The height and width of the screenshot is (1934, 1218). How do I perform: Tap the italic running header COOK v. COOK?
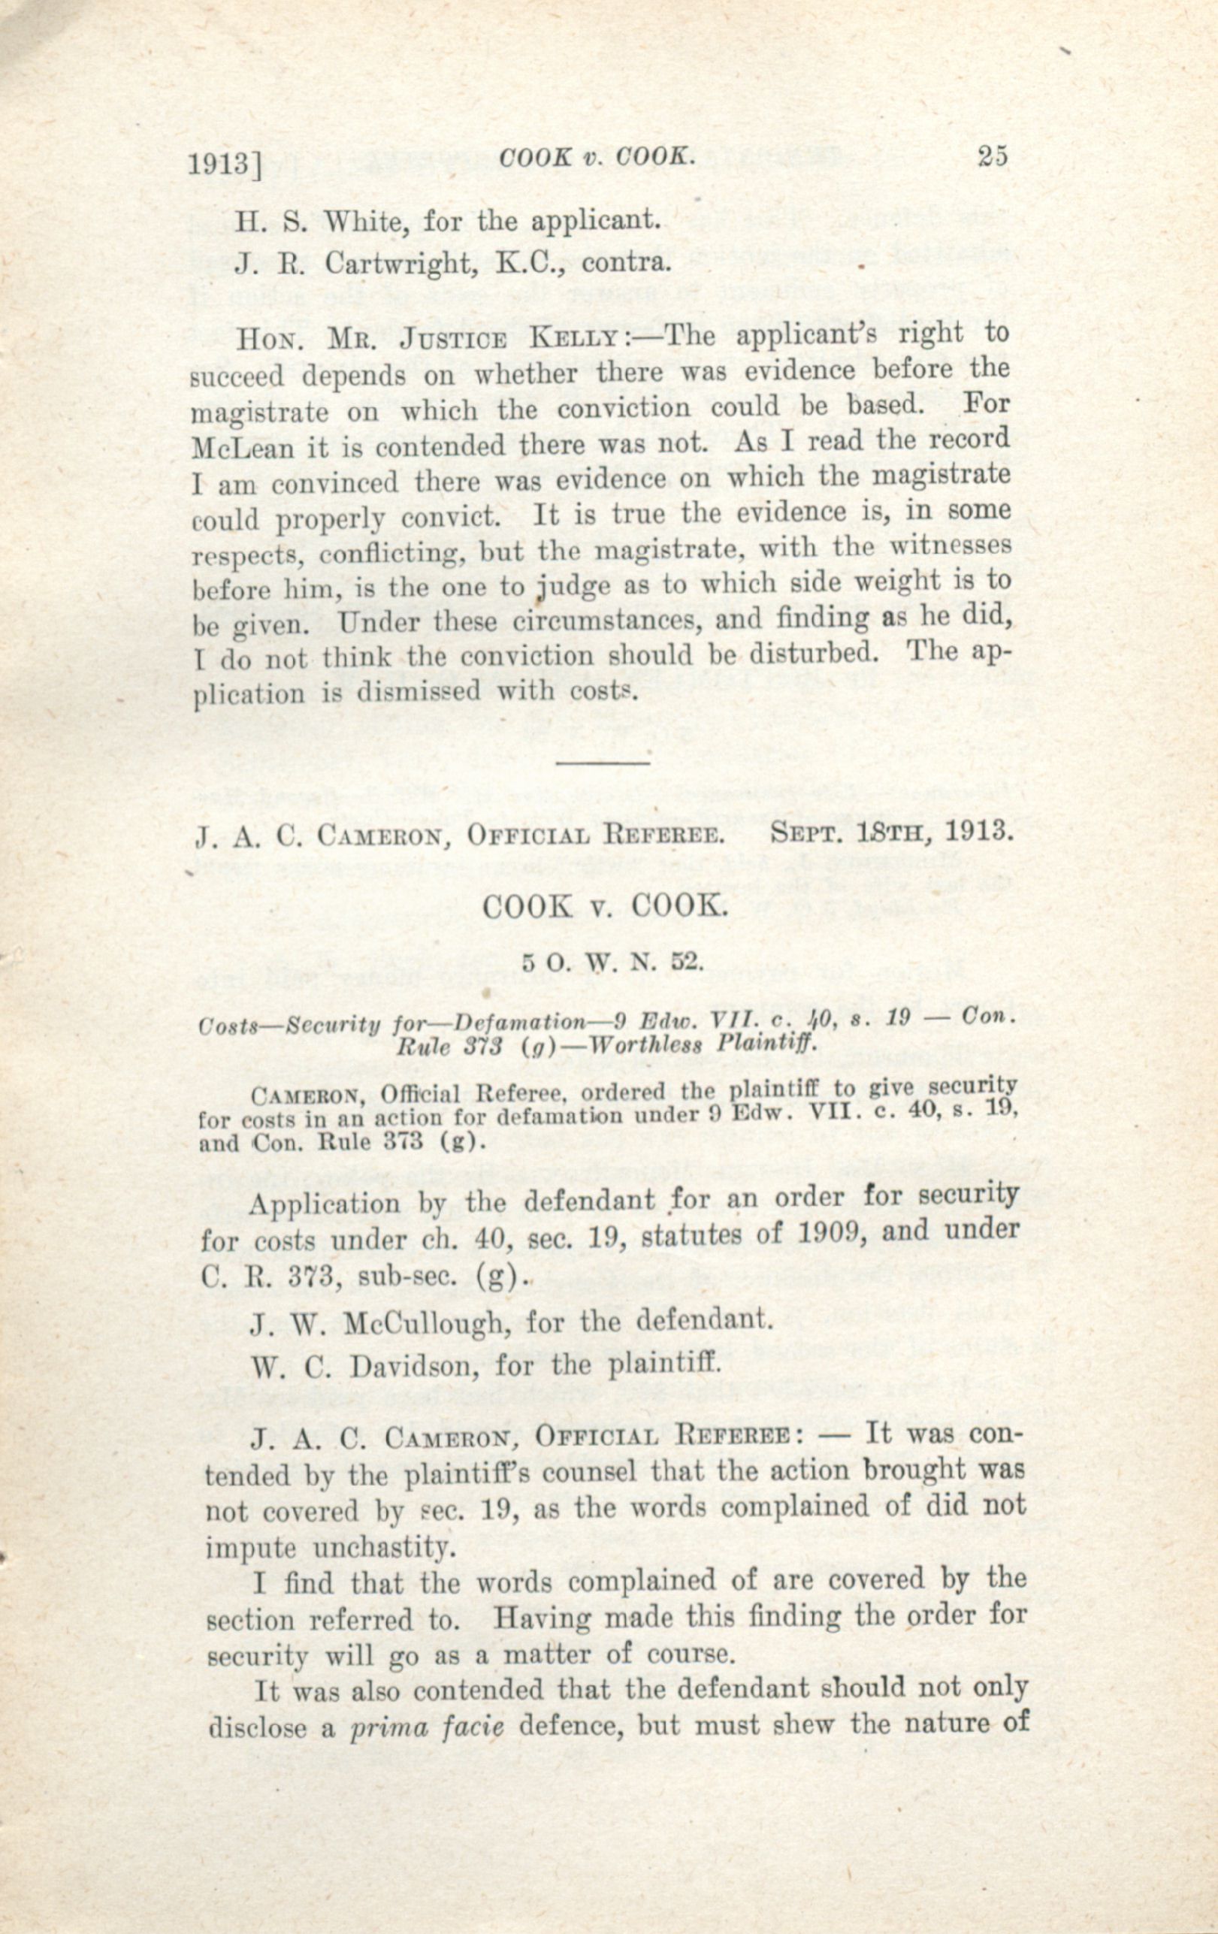(596, 158)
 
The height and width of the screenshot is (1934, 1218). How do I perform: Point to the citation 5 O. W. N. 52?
(612, 962)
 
